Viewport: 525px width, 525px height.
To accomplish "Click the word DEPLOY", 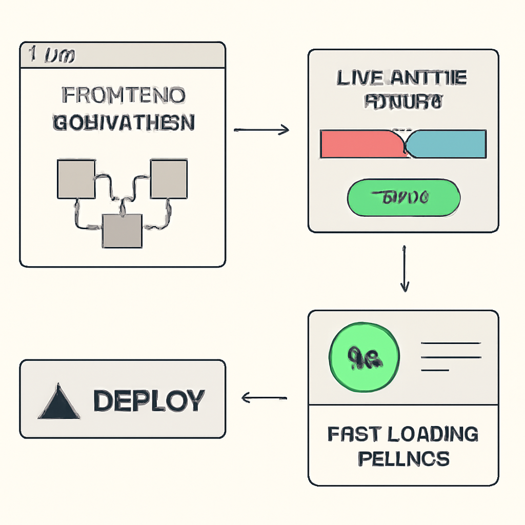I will coord(149,400).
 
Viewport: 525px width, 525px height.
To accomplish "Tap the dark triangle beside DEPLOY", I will coord(58,402).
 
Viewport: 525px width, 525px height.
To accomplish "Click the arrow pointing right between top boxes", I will coord(261,131).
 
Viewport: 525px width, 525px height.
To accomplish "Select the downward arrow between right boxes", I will coord(405,269).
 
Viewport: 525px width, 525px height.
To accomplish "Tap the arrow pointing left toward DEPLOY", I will coord(264,397).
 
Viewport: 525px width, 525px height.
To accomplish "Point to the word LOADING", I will coord(433,434).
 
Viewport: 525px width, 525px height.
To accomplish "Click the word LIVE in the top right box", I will coord(359,78).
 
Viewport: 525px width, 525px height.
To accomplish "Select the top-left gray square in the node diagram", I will coord(76,179).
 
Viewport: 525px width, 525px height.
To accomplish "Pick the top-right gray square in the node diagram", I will coord(169,179).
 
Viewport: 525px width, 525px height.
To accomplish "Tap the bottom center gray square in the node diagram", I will coord(122,231).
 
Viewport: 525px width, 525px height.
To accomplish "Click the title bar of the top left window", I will coord(123,55).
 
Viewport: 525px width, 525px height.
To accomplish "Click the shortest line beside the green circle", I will coord(434,369).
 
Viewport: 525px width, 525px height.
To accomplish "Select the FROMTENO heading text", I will coord(123,96).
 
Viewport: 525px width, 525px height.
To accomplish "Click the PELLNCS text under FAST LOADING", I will coord(403,458).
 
